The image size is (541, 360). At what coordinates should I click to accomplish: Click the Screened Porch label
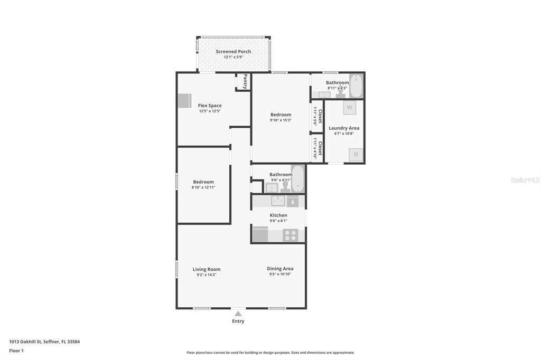point(233,51)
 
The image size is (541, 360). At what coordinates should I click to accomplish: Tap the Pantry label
point(245,81)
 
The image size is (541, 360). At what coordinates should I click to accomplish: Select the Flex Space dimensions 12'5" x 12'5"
point(210,111)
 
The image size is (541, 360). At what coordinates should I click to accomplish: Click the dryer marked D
point(356,154)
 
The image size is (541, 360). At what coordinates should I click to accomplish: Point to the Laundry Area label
point(344,128)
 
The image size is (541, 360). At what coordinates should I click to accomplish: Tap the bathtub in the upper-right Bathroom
point(357,86)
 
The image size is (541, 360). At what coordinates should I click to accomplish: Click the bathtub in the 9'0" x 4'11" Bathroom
point(298,179)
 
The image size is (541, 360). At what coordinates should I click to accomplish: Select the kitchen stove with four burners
point(290,234)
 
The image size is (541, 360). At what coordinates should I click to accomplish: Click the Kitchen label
point(278,215)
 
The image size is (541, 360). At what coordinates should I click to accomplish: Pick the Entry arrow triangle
point(238,314)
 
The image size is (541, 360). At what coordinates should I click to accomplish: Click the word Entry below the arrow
point(238,321)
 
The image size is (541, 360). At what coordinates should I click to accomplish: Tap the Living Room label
point(207,269)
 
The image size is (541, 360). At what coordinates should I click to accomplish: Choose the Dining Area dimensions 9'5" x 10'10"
point(280,274)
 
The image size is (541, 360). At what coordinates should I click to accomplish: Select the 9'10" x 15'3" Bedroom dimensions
point(281,120)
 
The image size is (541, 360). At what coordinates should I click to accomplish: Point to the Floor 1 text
point(16,350)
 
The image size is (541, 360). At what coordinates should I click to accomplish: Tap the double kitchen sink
point(278,201)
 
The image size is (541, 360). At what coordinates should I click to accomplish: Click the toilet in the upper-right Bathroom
point(341,93)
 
